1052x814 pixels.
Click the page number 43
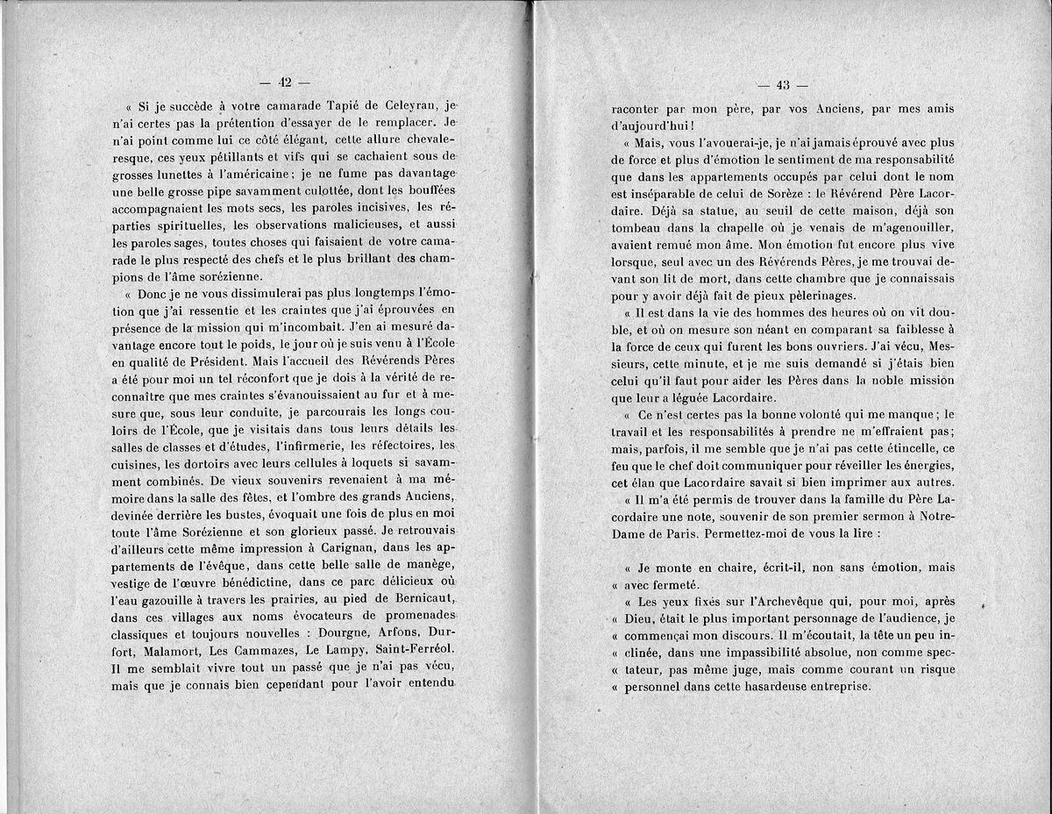tap(784, 85)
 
